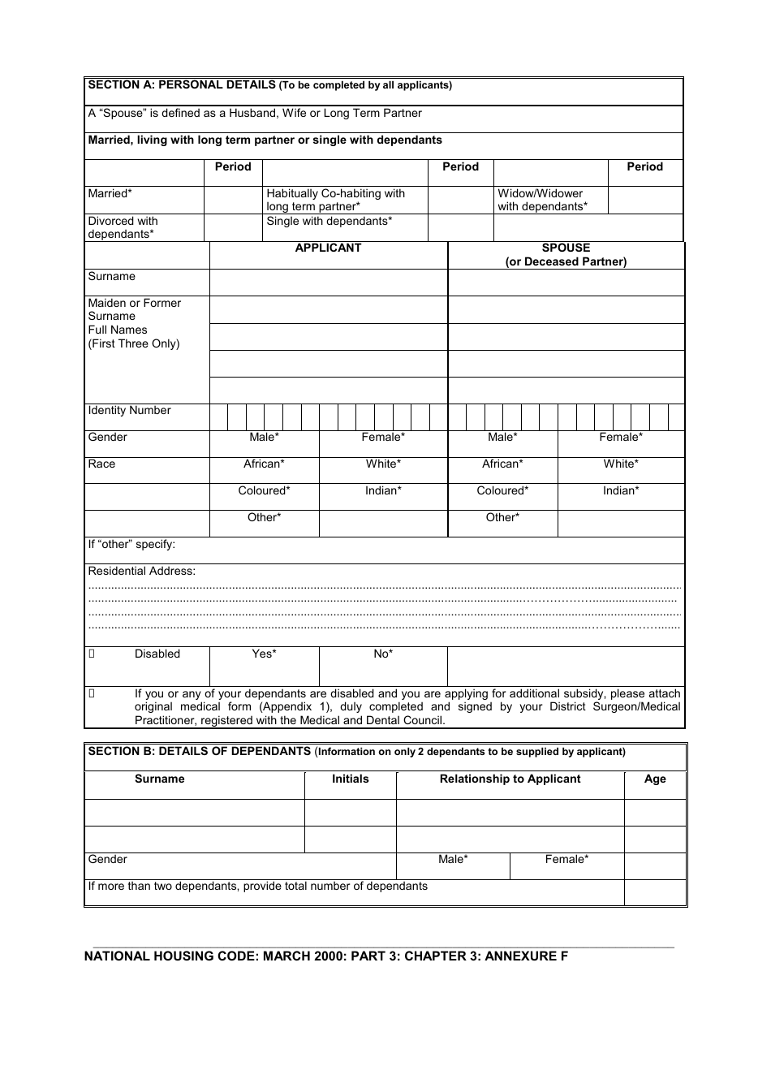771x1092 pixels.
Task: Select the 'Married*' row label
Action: coord(110,194)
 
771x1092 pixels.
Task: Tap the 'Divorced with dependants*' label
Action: coord(123,227)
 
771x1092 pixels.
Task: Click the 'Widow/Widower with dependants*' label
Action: coord(541,200)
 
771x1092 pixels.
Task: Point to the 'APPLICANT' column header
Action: coord(328,248)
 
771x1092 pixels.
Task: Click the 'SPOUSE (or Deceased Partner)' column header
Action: coord(566,255)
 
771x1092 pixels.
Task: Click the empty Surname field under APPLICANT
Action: coord(328,283)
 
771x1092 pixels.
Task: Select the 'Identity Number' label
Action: coord(129,411)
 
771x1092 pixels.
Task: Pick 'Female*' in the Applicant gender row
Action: coord(383,438)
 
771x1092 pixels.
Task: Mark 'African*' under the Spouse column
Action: coord(502,464)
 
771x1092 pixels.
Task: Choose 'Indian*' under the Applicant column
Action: coord(383,491)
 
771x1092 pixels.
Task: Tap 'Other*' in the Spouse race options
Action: coord(502,518)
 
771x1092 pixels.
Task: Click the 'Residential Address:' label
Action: coord(141,572)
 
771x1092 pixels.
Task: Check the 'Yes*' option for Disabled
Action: coord(264,654)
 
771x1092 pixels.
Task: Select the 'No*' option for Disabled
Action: coord(383,654)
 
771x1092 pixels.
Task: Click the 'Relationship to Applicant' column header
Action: coord(510,779)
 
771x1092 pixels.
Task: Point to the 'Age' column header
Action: coord(655,779)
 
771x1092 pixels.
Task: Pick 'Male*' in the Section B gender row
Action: coord(453,860)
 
